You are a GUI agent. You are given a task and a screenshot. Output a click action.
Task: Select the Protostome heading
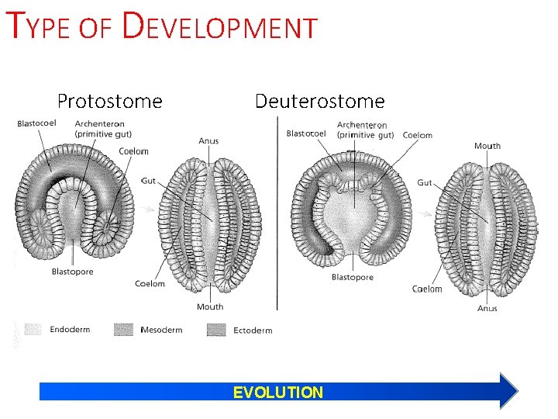click(109, 101)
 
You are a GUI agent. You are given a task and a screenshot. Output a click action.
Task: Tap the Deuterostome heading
click(319, 101)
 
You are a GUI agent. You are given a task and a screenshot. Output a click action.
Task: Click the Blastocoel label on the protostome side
click(38, 124)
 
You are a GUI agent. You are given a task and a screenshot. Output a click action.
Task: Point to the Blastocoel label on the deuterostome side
click(306, 133)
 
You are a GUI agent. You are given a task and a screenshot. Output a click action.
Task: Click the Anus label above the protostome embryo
click(208, 140)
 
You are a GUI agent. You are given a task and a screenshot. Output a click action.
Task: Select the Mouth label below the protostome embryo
click(210, 306)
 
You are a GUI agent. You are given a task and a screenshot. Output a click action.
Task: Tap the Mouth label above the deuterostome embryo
click(487, 146)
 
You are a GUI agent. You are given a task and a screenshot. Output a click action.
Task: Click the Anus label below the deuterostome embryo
click(487, 308)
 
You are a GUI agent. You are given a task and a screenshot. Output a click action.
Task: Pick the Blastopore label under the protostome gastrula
click(72, 271)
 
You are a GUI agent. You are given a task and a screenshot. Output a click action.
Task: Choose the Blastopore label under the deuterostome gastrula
click(353, 277)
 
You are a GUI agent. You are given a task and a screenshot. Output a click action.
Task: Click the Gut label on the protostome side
click(148, 180)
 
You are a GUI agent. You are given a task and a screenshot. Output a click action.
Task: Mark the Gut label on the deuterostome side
click(425, 182)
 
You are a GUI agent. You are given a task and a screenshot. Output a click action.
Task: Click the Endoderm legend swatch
click(33, 330)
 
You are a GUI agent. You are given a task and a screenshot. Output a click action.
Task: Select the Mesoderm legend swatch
click(124, 330)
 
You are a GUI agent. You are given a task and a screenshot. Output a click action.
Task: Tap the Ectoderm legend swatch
click(216, 330)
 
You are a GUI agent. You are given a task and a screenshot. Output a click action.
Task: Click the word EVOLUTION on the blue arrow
click(278, 393)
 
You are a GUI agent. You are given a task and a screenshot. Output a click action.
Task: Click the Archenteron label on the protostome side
click(101, 128)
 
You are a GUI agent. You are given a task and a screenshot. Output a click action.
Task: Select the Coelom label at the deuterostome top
click(418, 135)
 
